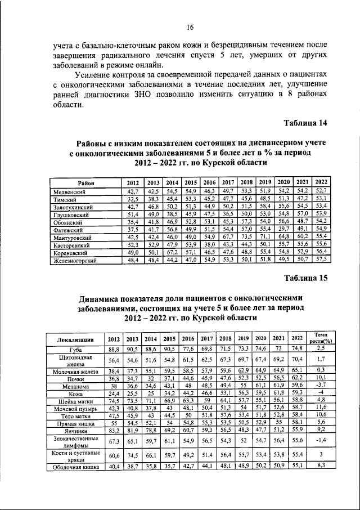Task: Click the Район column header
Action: coord(86,183)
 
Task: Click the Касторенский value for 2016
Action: coord(209,246)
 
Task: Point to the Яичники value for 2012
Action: coord(114,430)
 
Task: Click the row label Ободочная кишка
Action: coord(76,467)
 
